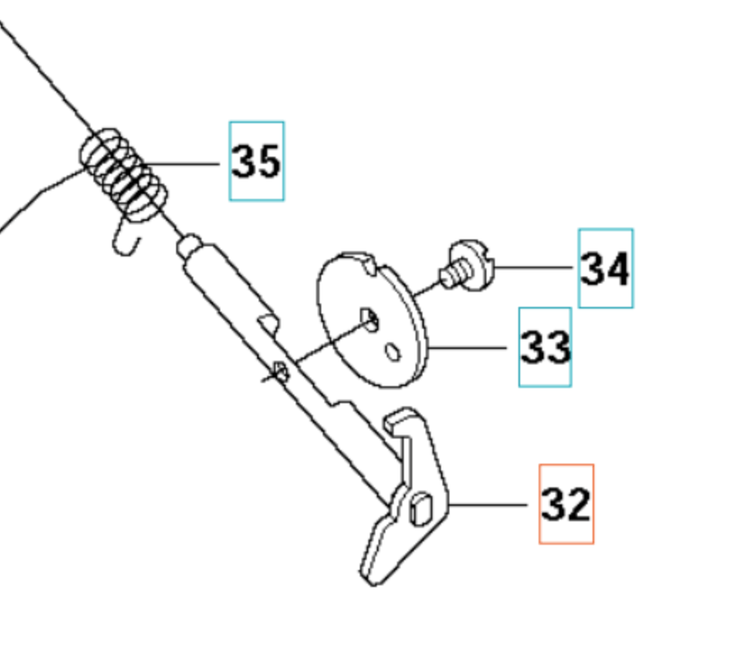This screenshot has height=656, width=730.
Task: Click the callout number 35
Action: point(256,161)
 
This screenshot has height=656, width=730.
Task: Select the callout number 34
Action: point(604,269)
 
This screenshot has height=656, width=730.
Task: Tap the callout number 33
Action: point(545,347)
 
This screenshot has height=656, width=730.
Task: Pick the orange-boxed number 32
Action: point(566,504)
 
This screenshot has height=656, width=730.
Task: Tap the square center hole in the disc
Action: point(370,316)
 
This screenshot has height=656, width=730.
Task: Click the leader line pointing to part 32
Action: point(489,505)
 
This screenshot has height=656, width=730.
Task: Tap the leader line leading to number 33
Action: point(468,347)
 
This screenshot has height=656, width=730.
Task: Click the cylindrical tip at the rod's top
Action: point(191,245)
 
